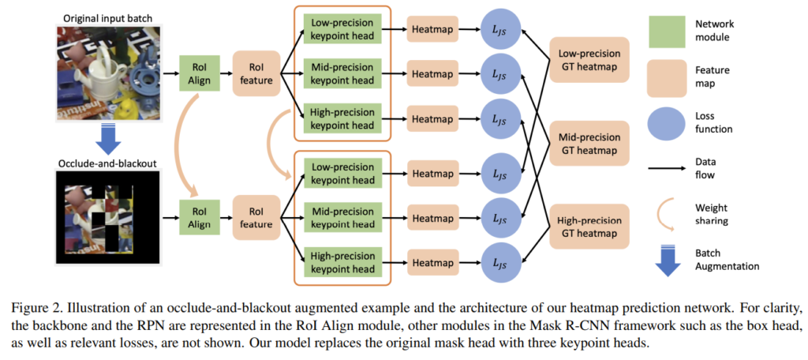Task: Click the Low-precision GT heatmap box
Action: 589,60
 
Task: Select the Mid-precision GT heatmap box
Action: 589,143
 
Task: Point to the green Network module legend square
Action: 668,30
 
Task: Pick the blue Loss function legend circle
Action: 668,122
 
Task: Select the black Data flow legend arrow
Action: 668,167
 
